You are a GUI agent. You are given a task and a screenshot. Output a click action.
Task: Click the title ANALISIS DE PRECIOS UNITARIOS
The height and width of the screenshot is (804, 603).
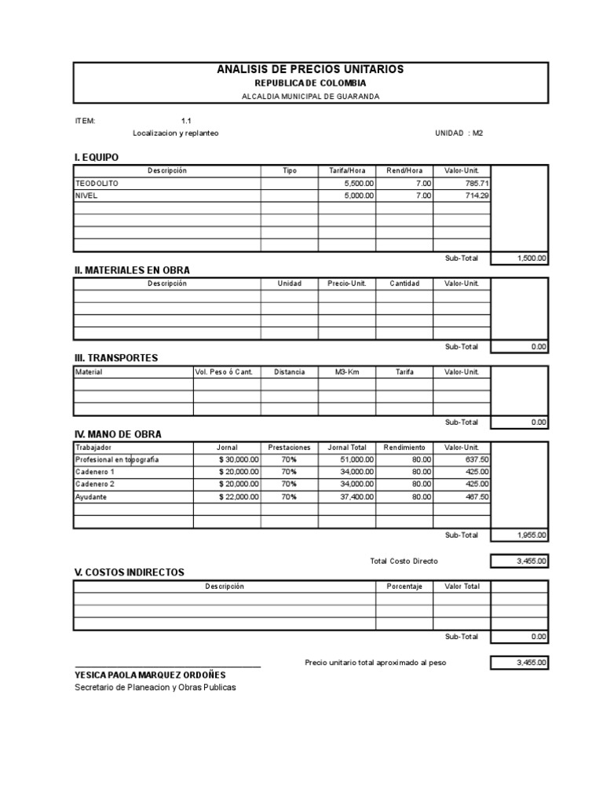310,70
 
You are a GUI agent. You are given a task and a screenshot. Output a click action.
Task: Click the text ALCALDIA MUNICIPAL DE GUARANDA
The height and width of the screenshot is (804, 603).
310,96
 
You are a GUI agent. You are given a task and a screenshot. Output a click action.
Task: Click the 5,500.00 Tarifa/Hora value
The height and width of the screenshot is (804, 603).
359,183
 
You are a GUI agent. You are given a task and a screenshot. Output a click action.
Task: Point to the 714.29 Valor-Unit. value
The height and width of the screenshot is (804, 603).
476,196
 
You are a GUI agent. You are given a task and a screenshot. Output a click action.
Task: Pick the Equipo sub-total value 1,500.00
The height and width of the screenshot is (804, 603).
532,258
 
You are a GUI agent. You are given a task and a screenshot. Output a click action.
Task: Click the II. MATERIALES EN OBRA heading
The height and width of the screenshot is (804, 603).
132,270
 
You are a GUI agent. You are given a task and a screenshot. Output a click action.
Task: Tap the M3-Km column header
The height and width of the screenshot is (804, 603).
346,372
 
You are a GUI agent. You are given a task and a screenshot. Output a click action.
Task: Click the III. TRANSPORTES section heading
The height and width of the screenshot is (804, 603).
116,358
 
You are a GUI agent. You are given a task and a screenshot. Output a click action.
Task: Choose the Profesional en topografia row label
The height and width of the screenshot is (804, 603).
117,459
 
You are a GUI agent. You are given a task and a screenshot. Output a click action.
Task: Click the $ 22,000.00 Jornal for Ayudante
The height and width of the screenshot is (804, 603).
239,497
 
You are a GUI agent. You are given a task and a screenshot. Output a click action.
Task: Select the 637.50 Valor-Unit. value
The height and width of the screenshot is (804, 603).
476,459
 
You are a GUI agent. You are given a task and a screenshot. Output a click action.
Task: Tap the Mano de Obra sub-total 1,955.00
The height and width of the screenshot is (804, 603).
532,535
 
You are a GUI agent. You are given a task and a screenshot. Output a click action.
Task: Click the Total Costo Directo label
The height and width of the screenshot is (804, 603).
404,561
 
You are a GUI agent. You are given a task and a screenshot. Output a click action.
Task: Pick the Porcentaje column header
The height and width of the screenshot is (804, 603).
404,587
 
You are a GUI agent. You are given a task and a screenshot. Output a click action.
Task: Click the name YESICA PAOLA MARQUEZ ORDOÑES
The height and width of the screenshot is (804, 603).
150,674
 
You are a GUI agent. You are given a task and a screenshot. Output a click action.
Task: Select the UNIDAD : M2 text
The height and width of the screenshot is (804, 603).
459,133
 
